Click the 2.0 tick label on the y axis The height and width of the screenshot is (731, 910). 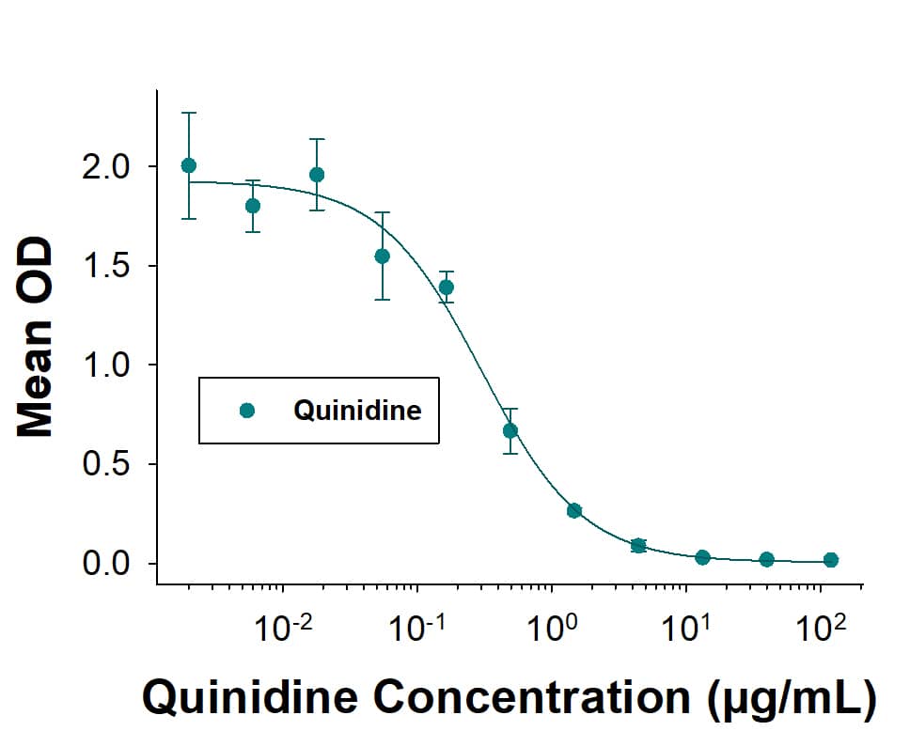109,167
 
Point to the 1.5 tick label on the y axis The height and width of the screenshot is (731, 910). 109,267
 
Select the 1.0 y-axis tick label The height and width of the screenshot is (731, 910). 109,365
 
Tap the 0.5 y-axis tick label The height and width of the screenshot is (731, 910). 109,465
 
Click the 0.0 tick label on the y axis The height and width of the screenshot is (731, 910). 109,565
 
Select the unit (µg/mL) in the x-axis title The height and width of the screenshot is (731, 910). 788,697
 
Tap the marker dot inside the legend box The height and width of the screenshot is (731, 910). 247,411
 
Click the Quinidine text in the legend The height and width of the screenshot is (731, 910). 357,411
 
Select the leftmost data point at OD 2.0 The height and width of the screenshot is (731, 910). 189,165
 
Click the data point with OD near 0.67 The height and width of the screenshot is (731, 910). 510,430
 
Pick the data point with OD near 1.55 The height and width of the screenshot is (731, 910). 382,256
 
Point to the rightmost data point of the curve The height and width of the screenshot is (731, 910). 831,560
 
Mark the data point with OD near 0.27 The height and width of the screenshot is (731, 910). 574,510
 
